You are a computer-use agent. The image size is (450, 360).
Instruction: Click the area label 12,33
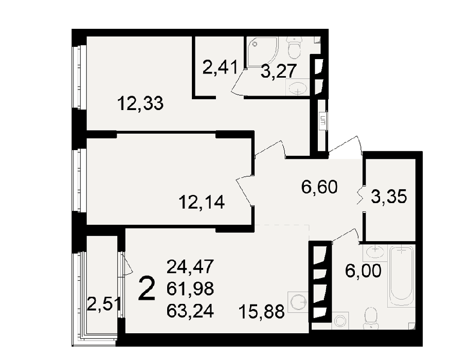(x=140, y=104)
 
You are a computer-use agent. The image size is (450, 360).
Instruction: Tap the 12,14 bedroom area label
(x=202, y=202)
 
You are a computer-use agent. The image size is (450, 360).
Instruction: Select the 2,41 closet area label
(x=220, y=67)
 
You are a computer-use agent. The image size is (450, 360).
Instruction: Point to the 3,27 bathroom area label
(x=278, y=71)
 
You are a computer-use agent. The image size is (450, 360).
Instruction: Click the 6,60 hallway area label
(x=319, y=187)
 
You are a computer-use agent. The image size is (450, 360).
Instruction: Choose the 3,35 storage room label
(x=389, y=197)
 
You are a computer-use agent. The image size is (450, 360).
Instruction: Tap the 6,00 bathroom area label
(x=363, y=271)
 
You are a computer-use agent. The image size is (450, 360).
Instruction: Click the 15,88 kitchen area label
(x=261, y=312)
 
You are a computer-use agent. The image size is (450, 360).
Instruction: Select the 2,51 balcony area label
(x=104, y=304)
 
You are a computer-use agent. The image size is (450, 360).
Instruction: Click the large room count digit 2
(x=147, y=289)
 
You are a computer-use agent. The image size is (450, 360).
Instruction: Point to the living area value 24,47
(x=190, y=266)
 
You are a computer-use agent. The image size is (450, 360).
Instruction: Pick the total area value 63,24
(x=190, y=311)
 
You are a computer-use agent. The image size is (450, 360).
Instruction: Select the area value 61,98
(x=190, y=289)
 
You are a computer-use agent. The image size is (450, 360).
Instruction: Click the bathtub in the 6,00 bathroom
(x=401, y=276)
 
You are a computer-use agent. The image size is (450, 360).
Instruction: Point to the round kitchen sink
(x=298, y=302)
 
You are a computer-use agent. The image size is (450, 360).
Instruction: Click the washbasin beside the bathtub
(x=375, y=252)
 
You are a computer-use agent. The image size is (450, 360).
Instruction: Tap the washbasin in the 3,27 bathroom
(x=298, y=87)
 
